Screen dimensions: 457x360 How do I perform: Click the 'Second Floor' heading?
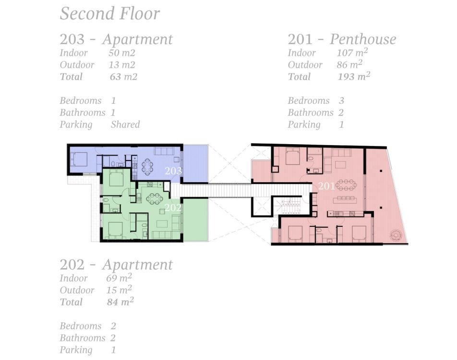point(109,13)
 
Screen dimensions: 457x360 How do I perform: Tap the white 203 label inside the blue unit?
point(173,171)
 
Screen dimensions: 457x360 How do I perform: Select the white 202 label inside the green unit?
point(173,208)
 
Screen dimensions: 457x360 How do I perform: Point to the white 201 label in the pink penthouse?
point(326,186)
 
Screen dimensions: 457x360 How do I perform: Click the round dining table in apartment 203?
point(147,167)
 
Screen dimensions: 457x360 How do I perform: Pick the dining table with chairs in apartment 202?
point(154,199)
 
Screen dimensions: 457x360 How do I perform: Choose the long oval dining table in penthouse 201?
point(346,185)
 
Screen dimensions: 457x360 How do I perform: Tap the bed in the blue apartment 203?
point(79,159)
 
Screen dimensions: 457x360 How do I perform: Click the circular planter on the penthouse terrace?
point(396,235)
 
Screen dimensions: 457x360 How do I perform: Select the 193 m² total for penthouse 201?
point(354,76)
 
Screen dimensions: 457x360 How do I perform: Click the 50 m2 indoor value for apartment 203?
point(122,53)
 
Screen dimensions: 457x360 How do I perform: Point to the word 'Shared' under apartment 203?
point(125,124)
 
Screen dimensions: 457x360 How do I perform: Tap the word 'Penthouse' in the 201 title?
point(363,39)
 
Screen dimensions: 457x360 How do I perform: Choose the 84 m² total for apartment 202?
point(120,302)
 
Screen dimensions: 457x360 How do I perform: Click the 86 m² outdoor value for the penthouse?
point(349,64)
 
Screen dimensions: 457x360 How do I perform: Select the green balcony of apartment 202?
point(195,219)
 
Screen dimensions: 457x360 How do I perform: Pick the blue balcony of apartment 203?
point(195,164)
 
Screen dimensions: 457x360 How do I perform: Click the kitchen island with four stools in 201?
point(345,200)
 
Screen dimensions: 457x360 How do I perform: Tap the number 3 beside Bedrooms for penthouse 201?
point(342,100)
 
